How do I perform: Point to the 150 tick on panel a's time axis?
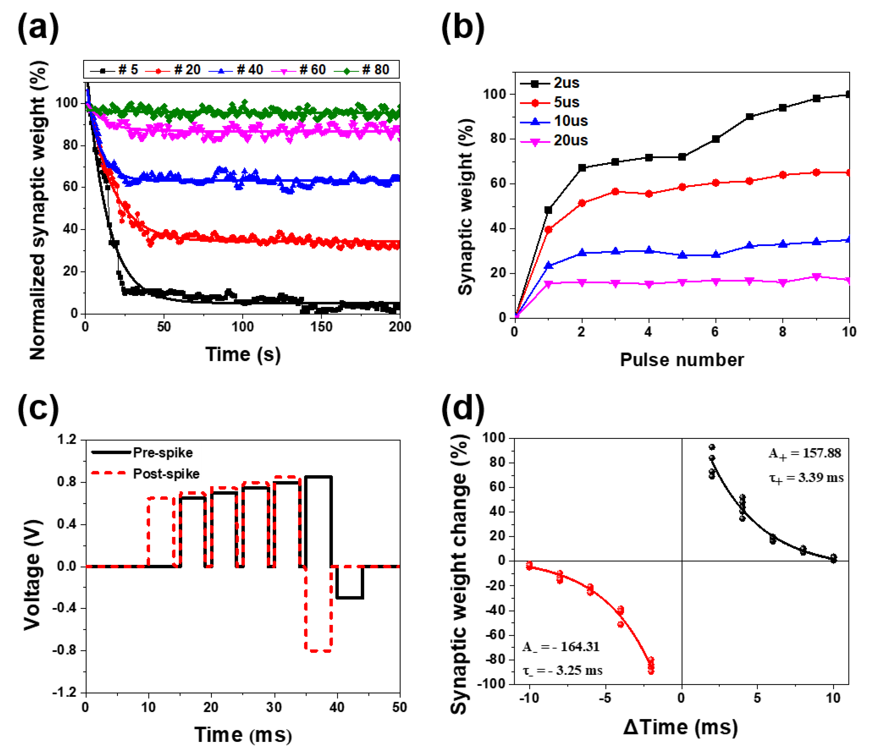(321, 327)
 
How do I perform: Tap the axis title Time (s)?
(243, 355)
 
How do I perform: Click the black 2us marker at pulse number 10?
(848, 94)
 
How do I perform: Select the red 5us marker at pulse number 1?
(548, 230)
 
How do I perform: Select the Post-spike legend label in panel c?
(166, 474)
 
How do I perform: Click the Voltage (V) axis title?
(33, 575)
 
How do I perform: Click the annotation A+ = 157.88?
(805, 454)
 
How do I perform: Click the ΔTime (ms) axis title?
(680, 727)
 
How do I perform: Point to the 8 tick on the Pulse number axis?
(782, 332)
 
